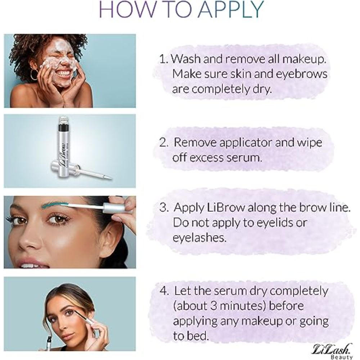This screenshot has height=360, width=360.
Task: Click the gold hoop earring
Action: (x=34, y=75)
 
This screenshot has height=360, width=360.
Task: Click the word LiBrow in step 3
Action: (x=227, y=208)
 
